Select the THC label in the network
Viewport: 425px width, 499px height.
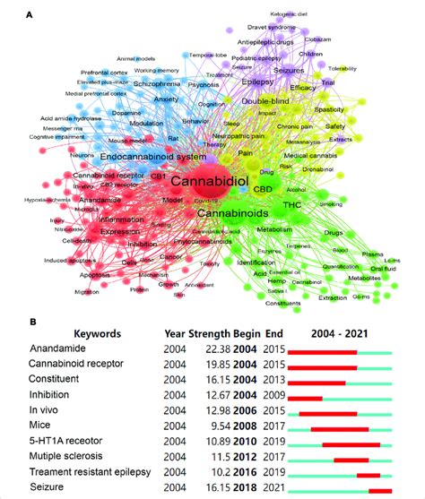(x=292, y=205)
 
